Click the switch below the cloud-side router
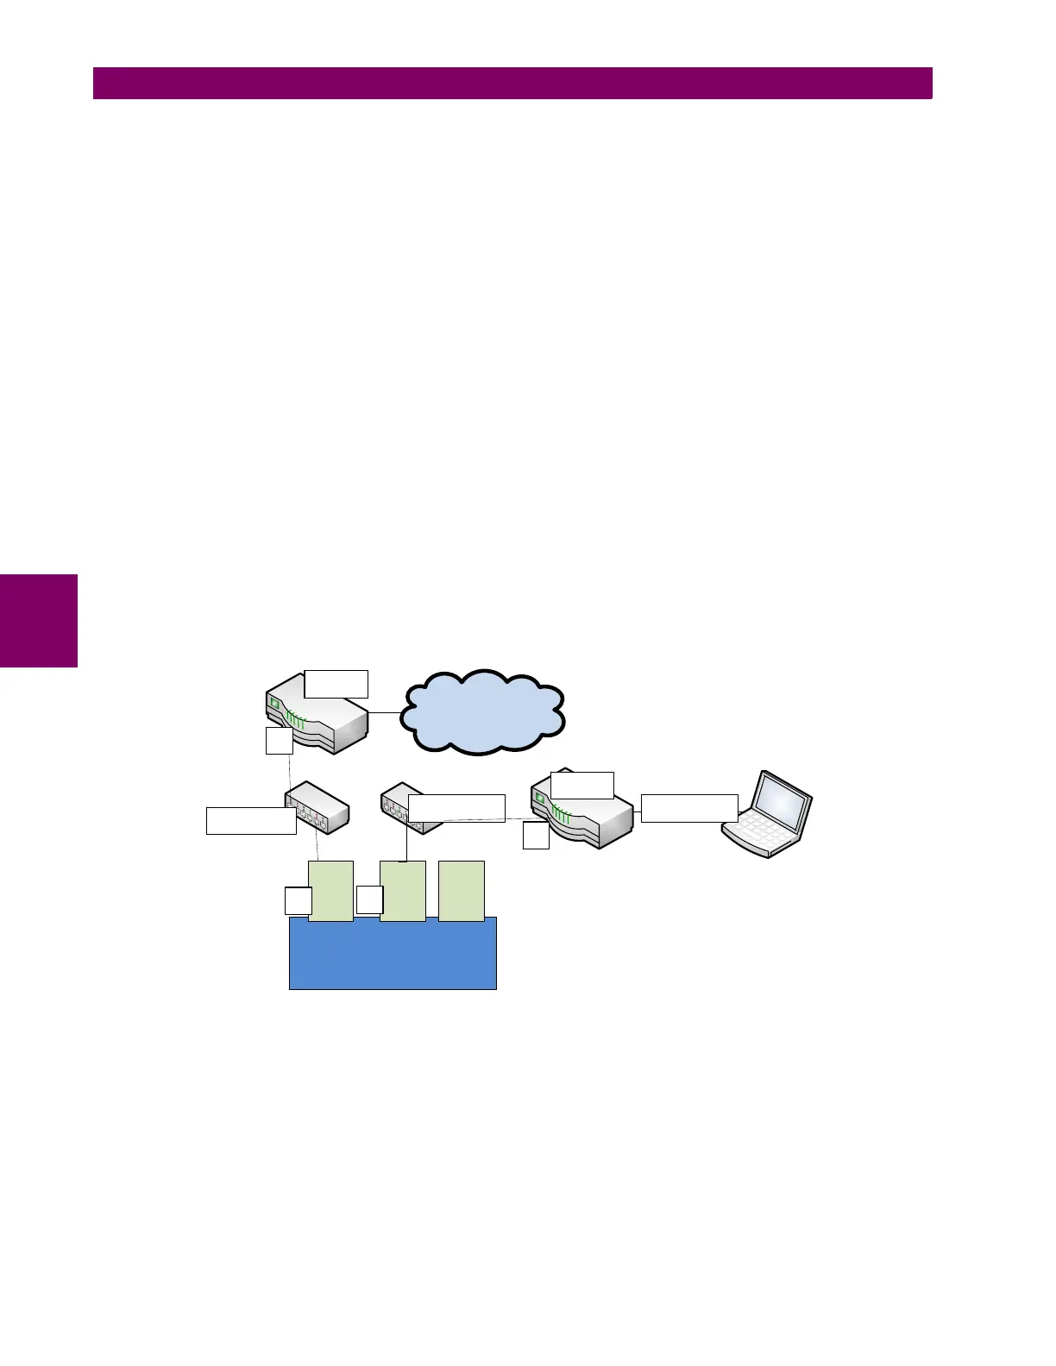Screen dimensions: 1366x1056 coord(317,809)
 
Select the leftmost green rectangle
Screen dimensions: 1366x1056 coord(331,891)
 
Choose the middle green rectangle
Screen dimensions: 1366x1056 coord(403,891)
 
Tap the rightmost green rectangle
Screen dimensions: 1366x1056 coord(462,891)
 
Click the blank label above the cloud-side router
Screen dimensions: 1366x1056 coord(336,683)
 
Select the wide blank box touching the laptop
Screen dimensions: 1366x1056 coord(688,808)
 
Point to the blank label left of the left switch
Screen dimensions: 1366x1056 coord(251,820)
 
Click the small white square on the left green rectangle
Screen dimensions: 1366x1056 coord(298,901)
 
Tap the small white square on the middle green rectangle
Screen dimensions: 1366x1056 coord(369,899)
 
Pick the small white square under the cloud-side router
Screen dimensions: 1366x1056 coord(279,741)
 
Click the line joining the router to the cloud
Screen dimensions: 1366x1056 coord(385,712)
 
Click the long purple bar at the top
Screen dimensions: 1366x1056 coord(512,83)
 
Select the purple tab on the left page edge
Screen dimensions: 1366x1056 coord(39,621)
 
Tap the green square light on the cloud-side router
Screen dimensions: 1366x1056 coord(275,704)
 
